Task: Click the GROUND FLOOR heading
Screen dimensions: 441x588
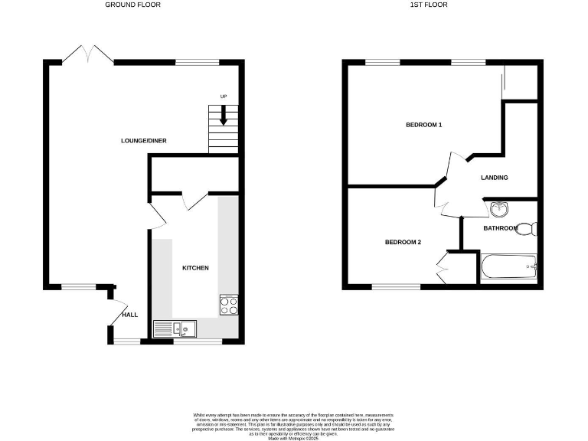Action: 132,5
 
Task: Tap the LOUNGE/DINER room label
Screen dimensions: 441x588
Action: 144,141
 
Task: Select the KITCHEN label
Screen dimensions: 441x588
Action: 195,268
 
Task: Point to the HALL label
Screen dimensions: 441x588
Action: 130,315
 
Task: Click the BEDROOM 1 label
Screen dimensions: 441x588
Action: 424,125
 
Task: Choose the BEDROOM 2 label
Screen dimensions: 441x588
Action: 403,243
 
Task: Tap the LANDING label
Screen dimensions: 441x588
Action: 495,178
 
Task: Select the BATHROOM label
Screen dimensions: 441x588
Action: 501,228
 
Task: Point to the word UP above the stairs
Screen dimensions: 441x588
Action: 224,96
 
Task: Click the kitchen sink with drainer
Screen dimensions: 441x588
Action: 175,328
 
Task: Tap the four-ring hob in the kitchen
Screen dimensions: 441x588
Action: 229,305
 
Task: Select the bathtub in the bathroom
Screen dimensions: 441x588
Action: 509,268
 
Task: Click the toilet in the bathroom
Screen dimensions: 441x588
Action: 528,227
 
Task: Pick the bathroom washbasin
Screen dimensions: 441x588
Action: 499,207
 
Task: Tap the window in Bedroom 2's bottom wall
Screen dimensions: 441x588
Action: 397,287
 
